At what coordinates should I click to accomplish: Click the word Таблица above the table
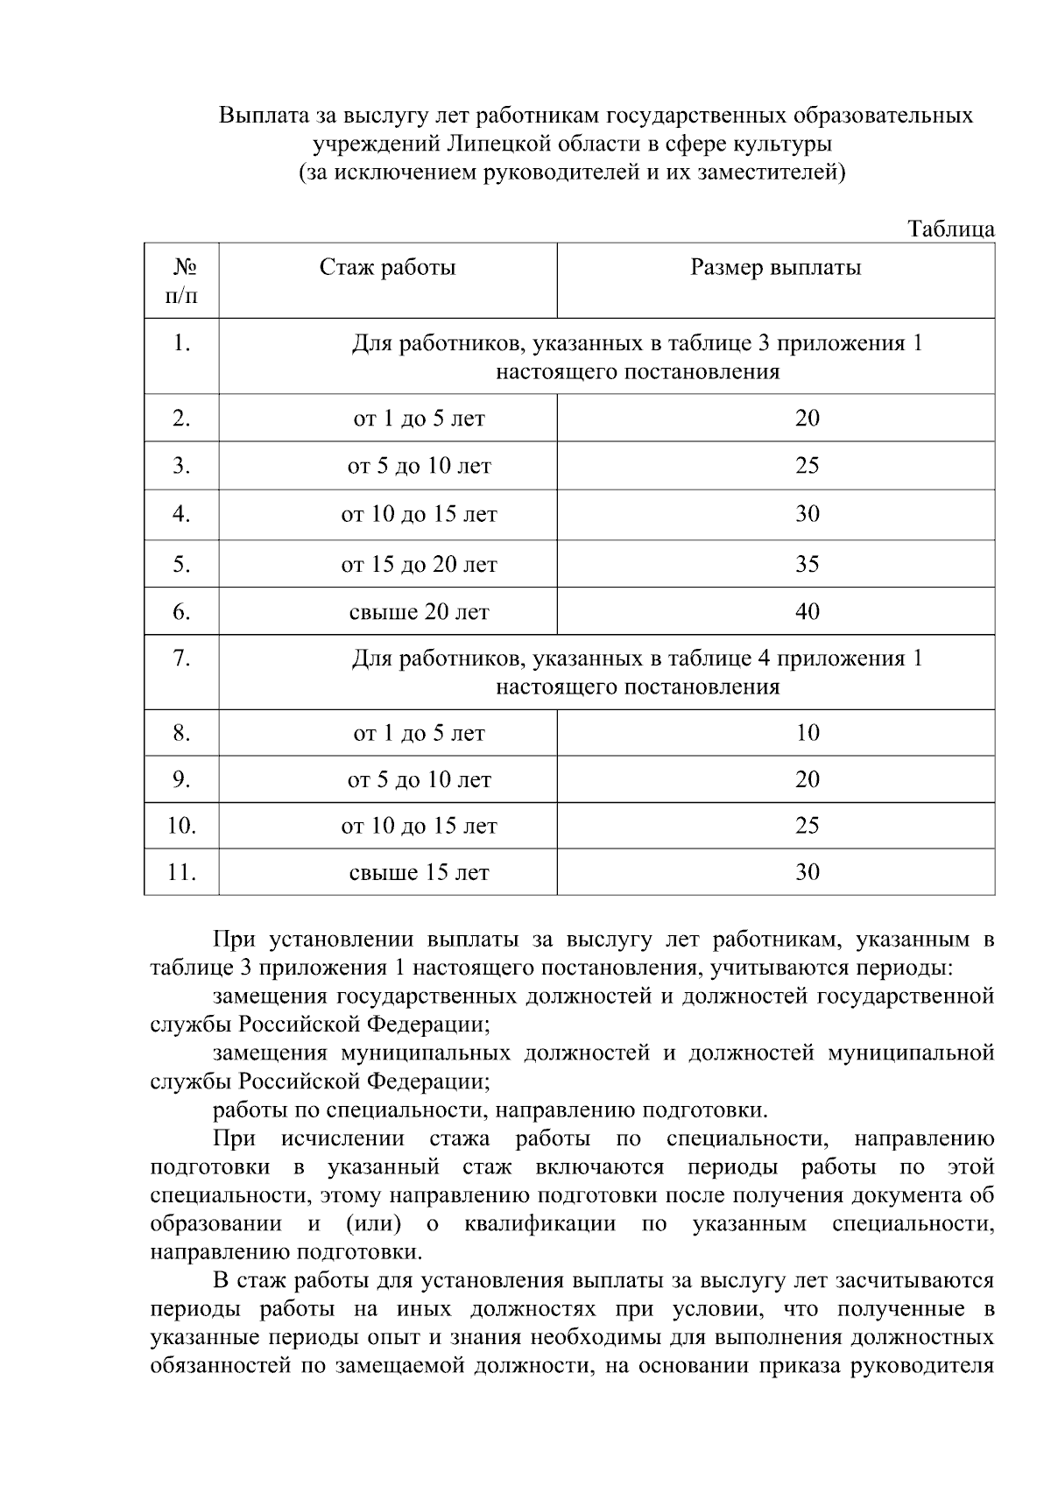pyautogui.click(x=950, y=229)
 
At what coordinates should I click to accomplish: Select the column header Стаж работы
pyautogui.click(x=387, y=267)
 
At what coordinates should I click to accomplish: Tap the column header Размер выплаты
pyautogui.click(x=775, y=267)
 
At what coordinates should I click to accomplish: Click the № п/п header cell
pyautogui.click(x=181, y=280)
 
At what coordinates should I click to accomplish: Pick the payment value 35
pyautogui.click(x=807, y=564)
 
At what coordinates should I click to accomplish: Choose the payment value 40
pyautogui.click(x=807, y=611)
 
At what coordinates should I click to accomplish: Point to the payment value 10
pyautogui.click(x=807, y=733)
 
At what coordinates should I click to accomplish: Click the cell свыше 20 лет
pyautogui.click(x=419, y=611)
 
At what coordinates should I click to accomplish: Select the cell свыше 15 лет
pyautogui.click(x=419, y=872)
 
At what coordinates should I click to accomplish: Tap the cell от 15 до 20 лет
pyautogui.click(x=419, y=564)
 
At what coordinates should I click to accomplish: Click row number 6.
pyautogui.click(x=181, y=611)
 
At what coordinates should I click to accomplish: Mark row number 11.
pyautogui.click(x=181, y=872)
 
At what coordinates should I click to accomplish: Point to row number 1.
pyautogui.click(x=181, y=343)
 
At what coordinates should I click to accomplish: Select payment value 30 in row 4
pyautogui.click(x=807, y=514)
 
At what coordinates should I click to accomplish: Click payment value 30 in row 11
pyautogui.click(x=807, y=872)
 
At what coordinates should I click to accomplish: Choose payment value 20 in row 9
pyautogui.click(x=807, y=779)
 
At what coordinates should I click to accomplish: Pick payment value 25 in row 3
pyautogui.click(x=807, y=465)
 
